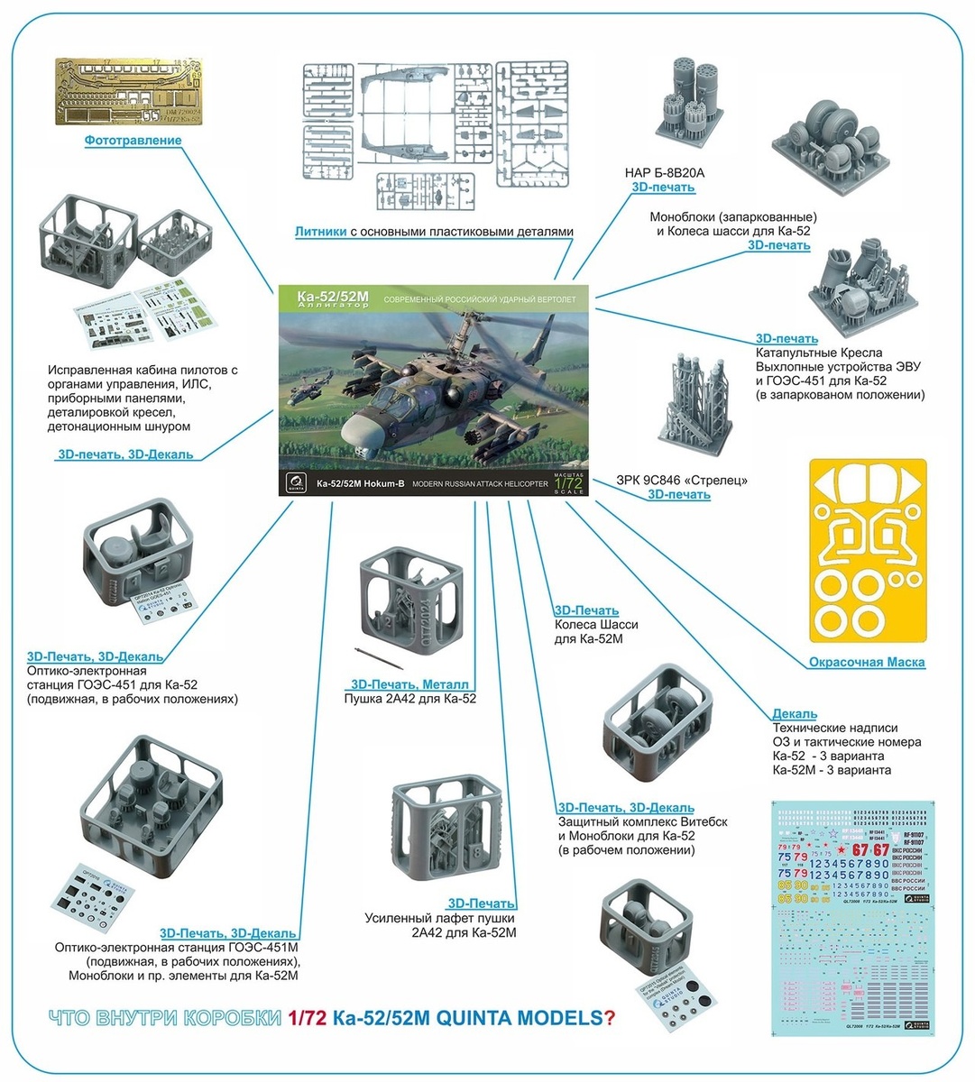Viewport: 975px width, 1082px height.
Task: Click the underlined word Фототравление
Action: [133, 141]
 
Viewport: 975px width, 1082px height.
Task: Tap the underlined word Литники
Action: [320, 232]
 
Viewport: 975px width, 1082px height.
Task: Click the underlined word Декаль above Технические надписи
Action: [795, 714]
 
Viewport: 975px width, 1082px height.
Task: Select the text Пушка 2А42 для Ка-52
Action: [409, 699]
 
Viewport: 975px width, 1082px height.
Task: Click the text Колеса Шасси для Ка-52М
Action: [596, 631]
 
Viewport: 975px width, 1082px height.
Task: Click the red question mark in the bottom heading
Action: [611, 1018]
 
